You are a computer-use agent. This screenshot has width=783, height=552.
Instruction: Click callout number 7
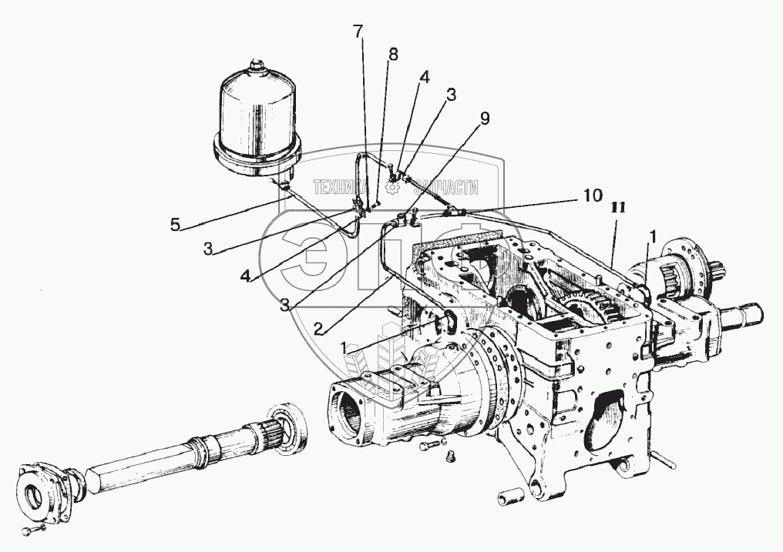358,32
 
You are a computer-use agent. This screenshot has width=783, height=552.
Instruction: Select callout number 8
393,55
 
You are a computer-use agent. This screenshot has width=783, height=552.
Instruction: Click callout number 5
176,226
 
